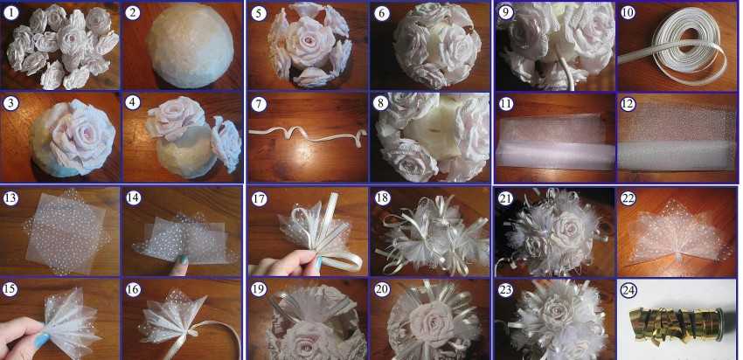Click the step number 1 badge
pyautogui.click(x=11, y=13)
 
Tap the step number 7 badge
pyautogui.click(x=259, y=103)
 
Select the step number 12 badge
pyautogui.click(x=628, y=104)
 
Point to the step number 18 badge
pyautogui.click(x=382, y=198)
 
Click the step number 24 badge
pyautogui.click(x=628, y=289)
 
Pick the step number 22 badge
pyautogui.click(x=628, y=198)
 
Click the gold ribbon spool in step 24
pyautogui.click(x=676, y=323)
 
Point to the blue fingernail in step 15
pyautogui.click(x=42, y=340)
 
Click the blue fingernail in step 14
pyautogui.click(x=183, y=260)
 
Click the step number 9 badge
pyautogui.click(x=506, y=13)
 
